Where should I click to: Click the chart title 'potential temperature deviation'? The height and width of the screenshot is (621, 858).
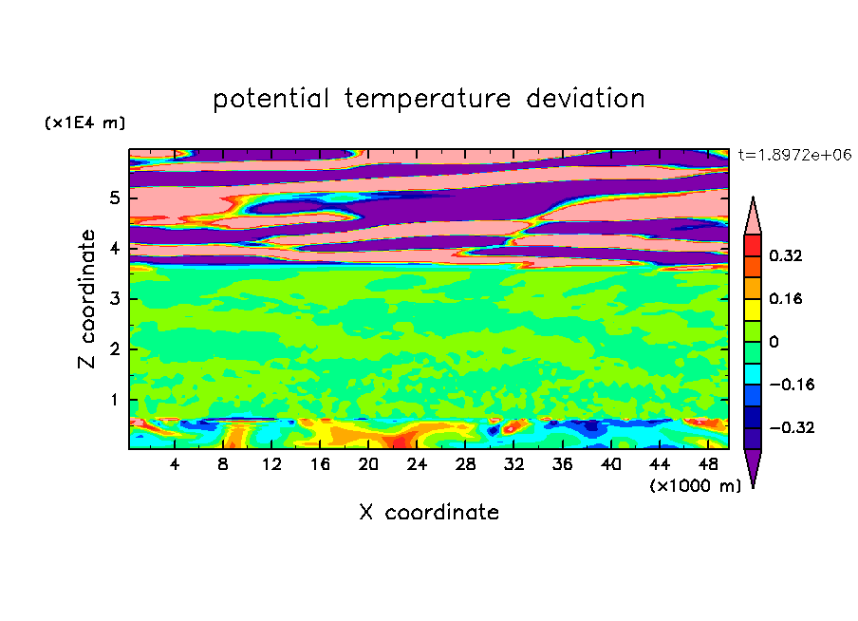tap(428, 99)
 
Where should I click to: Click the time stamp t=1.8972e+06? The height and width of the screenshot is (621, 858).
tap(794, 155)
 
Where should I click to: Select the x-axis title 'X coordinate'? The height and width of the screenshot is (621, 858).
tap(429, 512)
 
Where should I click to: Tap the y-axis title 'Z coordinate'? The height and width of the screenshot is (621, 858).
tap(86, 299)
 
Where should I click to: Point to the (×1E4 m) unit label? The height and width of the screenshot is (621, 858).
tap(84, 122)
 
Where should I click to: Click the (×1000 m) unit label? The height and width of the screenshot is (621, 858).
tap(696, 486)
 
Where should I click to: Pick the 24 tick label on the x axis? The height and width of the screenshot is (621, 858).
tap(417, 464)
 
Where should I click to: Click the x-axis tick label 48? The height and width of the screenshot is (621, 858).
tap(708, 464)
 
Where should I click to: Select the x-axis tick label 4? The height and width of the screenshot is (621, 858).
tap(175, 464)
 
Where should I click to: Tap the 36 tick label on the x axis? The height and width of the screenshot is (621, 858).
tap(563, 464)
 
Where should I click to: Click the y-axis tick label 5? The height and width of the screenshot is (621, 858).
tap(114, 198)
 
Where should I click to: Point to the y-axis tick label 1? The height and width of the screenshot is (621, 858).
tap(114, 400)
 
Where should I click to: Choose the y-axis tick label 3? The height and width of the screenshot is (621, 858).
tap(114, 299)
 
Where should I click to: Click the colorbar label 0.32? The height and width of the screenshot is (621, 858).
tap(786, 255)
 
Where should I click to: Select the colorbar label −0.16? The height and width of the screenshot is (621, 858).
tap(792, 385)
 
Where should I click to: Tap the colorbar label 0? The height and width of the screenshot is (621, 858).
tap(774, 342)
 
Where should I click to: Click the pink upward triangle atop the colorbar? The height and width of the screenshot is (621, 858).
tap(753, 216)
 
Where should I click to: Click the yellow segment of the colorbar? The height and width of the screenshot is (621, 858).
tap(753, 310)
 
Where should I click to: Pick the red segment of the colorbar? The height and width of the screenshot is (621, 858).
tap(753, 246)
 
